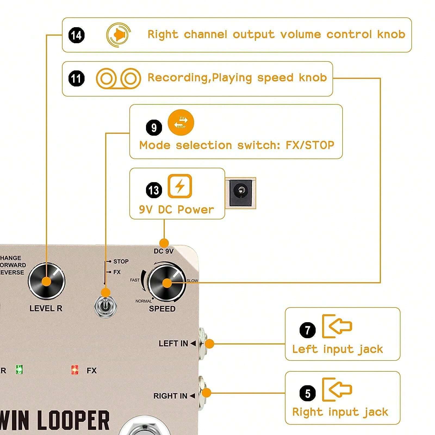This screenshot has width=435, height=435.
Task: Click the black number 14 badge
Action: (76, 35)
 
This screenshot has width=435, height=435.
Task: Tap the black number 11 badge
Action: (76, 79)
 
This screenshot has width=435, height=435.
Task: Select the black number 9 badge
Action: (154, 128)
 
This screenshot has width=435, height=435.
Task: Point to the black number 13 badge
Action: (154, 190)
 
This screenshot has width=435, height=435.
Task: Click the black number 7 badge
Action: (307, 330)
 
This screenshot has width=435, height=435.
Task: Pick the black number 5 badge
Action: (307, 393)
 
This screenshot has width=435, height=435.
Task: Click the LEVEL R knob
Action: (47, 281)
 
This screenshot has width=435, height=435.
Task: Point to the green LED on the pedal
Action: (19, 369)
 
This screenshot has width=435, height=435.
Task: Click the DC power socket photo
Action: (240, 193)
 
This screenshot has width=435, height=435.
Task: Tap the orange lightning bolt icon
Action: (180, 186)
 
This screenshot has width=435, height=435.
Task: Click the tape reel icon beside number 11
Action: (118, 79)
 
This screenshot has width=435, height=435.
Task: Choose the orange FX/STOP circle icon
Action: (181, 122)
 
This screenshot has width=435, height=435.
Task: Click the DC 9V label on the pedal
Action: (163, 251)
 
